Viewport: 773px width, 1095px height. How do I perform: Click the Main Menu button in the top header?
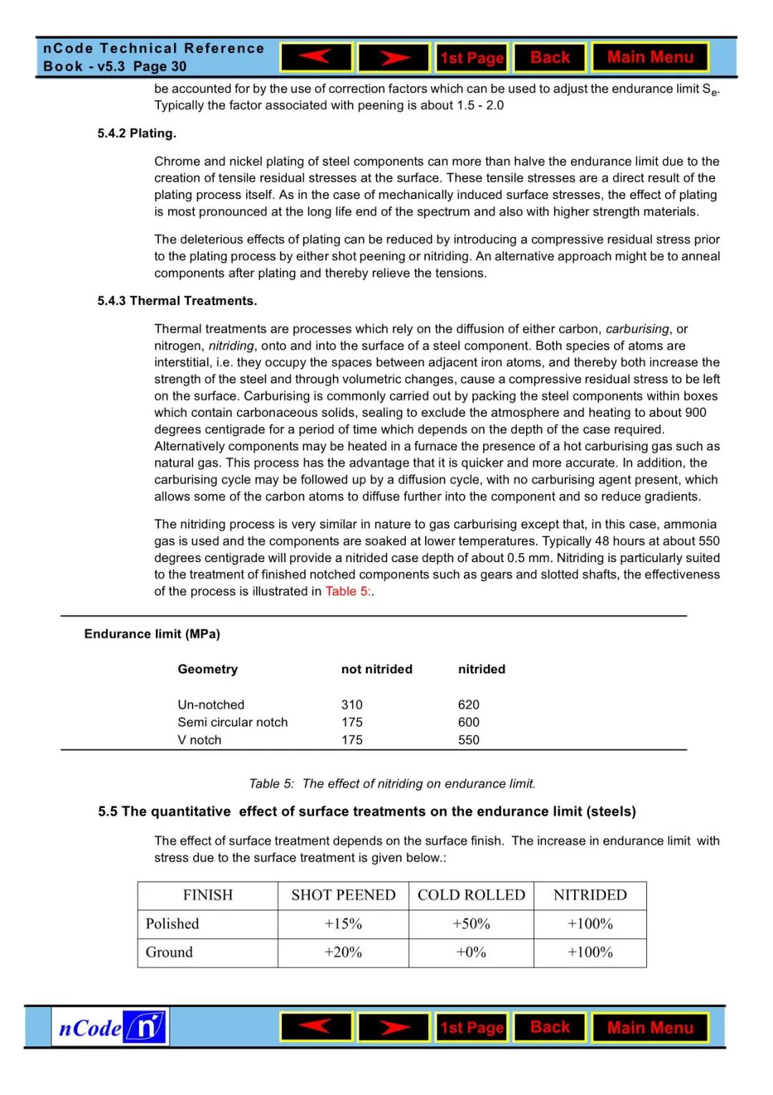pyautogui.click(x=650, y=57)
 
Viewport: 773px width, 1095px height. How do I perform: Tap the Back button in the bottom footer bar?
pyautogui.click(x=550, y=1027)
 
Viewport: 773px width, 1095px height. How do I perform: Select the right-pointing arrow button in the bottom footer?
pyautogui.click(x=394, y=1028)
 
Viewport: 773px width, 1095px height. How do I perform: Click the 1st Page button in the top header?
pyautogui.click(x=472, y=58)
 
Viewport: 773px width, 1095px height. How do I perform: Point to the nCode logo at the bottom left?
pyautogui.click(x=110, y=1028)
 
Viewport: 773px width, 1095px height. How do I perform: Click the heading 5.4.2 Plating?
pyautogui.click(x=137, y=133)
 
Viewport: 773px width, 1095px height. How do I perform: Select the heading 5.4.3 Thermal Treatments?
pyautogui.click(x=177, y=301)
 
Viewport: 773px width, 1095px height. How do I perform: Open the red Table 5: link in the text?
pyautogui.click(x=348, y=592)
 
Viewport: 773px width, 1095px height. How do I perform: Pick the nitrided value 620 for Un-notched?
pyautogui.click(x=469, y=705)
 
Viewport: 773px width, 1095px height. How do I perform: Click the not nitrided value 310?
pyautogui.click(x=351, y=705)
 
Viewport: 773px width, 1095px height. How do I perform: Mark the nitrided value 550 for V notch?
pyautogui.click(x=469, y=740)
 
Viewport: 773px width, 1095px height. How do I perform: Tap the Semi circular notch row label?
pyautogui.click(x=233, y=723)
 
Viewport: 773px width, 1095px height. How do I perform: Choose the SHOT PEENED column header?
pyautogui.click(x=343, y=895)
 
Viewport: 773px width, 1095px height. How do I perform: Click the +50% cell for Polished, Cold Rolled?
pyautogui.click(x=471, y=924)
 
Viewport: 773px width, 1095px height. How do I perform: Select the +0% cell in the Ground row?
pyautogui.click(x=471, y=952)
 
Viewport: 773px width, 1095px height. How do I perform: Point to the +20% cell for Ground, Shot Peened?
pyautogui.click(x=343, y=952)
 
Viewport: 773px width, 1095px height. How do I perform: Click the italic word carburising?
pyautogui.click(x=637, y=329)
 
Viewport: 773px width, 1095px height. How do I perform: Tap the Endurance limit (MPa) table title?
pyautogui.click(x=152, y=634)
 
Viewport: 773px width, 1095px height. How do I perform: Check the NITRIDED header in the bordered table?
pyautogui.click(x=590, y=895)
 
